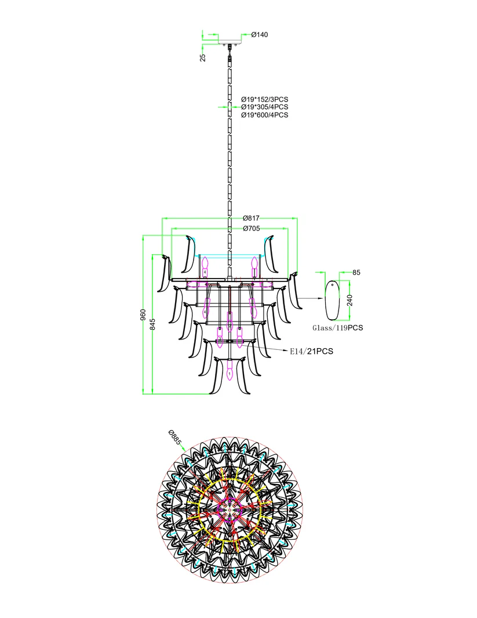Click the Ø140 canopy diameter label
(x=259, y=35)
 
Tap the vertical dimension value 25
(x=203, y=57)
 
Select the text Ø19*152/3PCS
(x=264, y=99)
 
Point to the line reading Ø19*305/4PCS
(x=264, y=107)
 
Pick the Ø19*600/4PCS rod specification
(x=264, y=115)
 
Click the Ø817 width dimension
(x=251, y=218)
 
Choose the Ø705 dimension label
(x=251, y=228)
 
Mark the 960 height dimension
(x=143, y=315)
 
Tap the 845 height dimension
(x=152, y=324)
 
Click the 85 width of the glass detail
(x=356, y=272)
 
